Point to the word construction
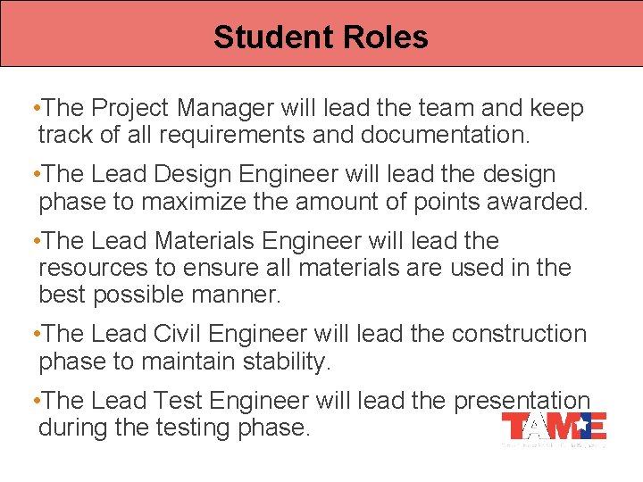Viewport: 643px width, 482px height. pyautogui.click(x=519, y=334)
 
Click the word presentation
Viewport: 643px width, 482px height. pyautogui.click(x=522, y=401)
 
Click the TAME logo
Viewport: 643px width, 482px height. pyautogui.click(x=554, y=427)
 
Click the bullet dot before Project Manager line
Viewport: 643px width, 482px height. pyautogui.click(x=33, y=109)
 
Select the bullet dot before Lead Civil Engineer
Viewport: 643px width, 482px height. pyautogui.click(x=33, y=334)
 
